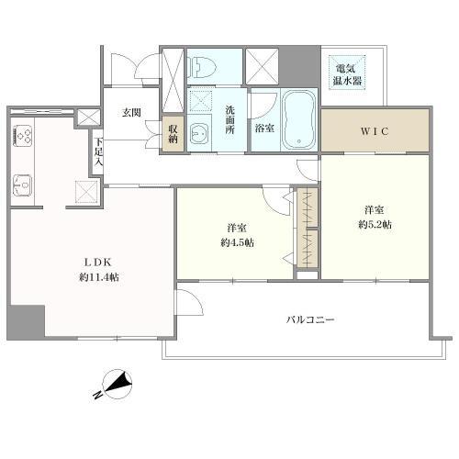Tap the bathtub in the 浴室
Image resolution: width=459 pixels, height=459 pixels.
[x=299, y=119]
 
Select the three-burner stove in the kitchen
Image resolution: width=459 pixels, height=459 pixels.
[x=23, y=135]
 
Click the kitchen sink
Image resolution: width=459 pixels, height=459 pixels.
[x=22, y=185]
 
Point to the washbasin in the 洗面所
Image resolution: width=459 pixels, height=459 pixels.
[x=199, y=134]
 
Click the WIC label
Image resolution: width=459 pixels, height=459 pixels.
[x=375, y=131]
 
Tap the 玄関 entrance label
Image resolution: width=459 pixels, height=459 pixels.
[x=131, y=113]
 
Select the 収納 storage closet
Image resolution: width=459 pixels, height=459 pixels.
[x=173, y=134]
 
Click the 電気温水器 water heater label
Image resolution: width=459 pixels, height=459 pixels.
[x=347, y=74]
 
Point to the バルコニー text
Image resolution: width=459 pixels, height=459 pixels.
[x=310, y=319]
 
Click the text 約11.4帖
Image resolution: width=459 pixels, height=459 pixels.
[x=99, y=277]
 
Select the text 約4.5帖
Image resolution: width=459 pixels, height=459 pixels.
[x=237, y=242]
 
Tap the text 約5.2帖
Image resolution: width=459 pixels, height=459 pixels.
[x=375, y=225]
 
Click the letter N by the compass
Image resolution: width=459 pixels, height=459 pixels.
[x=97, y=395]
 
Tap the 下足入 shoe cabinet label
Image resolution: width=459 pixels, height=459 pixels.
[x=98, y=151]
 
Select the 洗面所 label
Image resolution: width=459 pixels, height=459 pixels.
[x=229, y=119]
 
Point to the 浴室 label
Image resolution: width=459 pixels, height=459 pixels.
[x=264, y=129]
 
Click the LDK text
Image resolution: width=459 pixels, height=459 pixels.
[x=97, y=263]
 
